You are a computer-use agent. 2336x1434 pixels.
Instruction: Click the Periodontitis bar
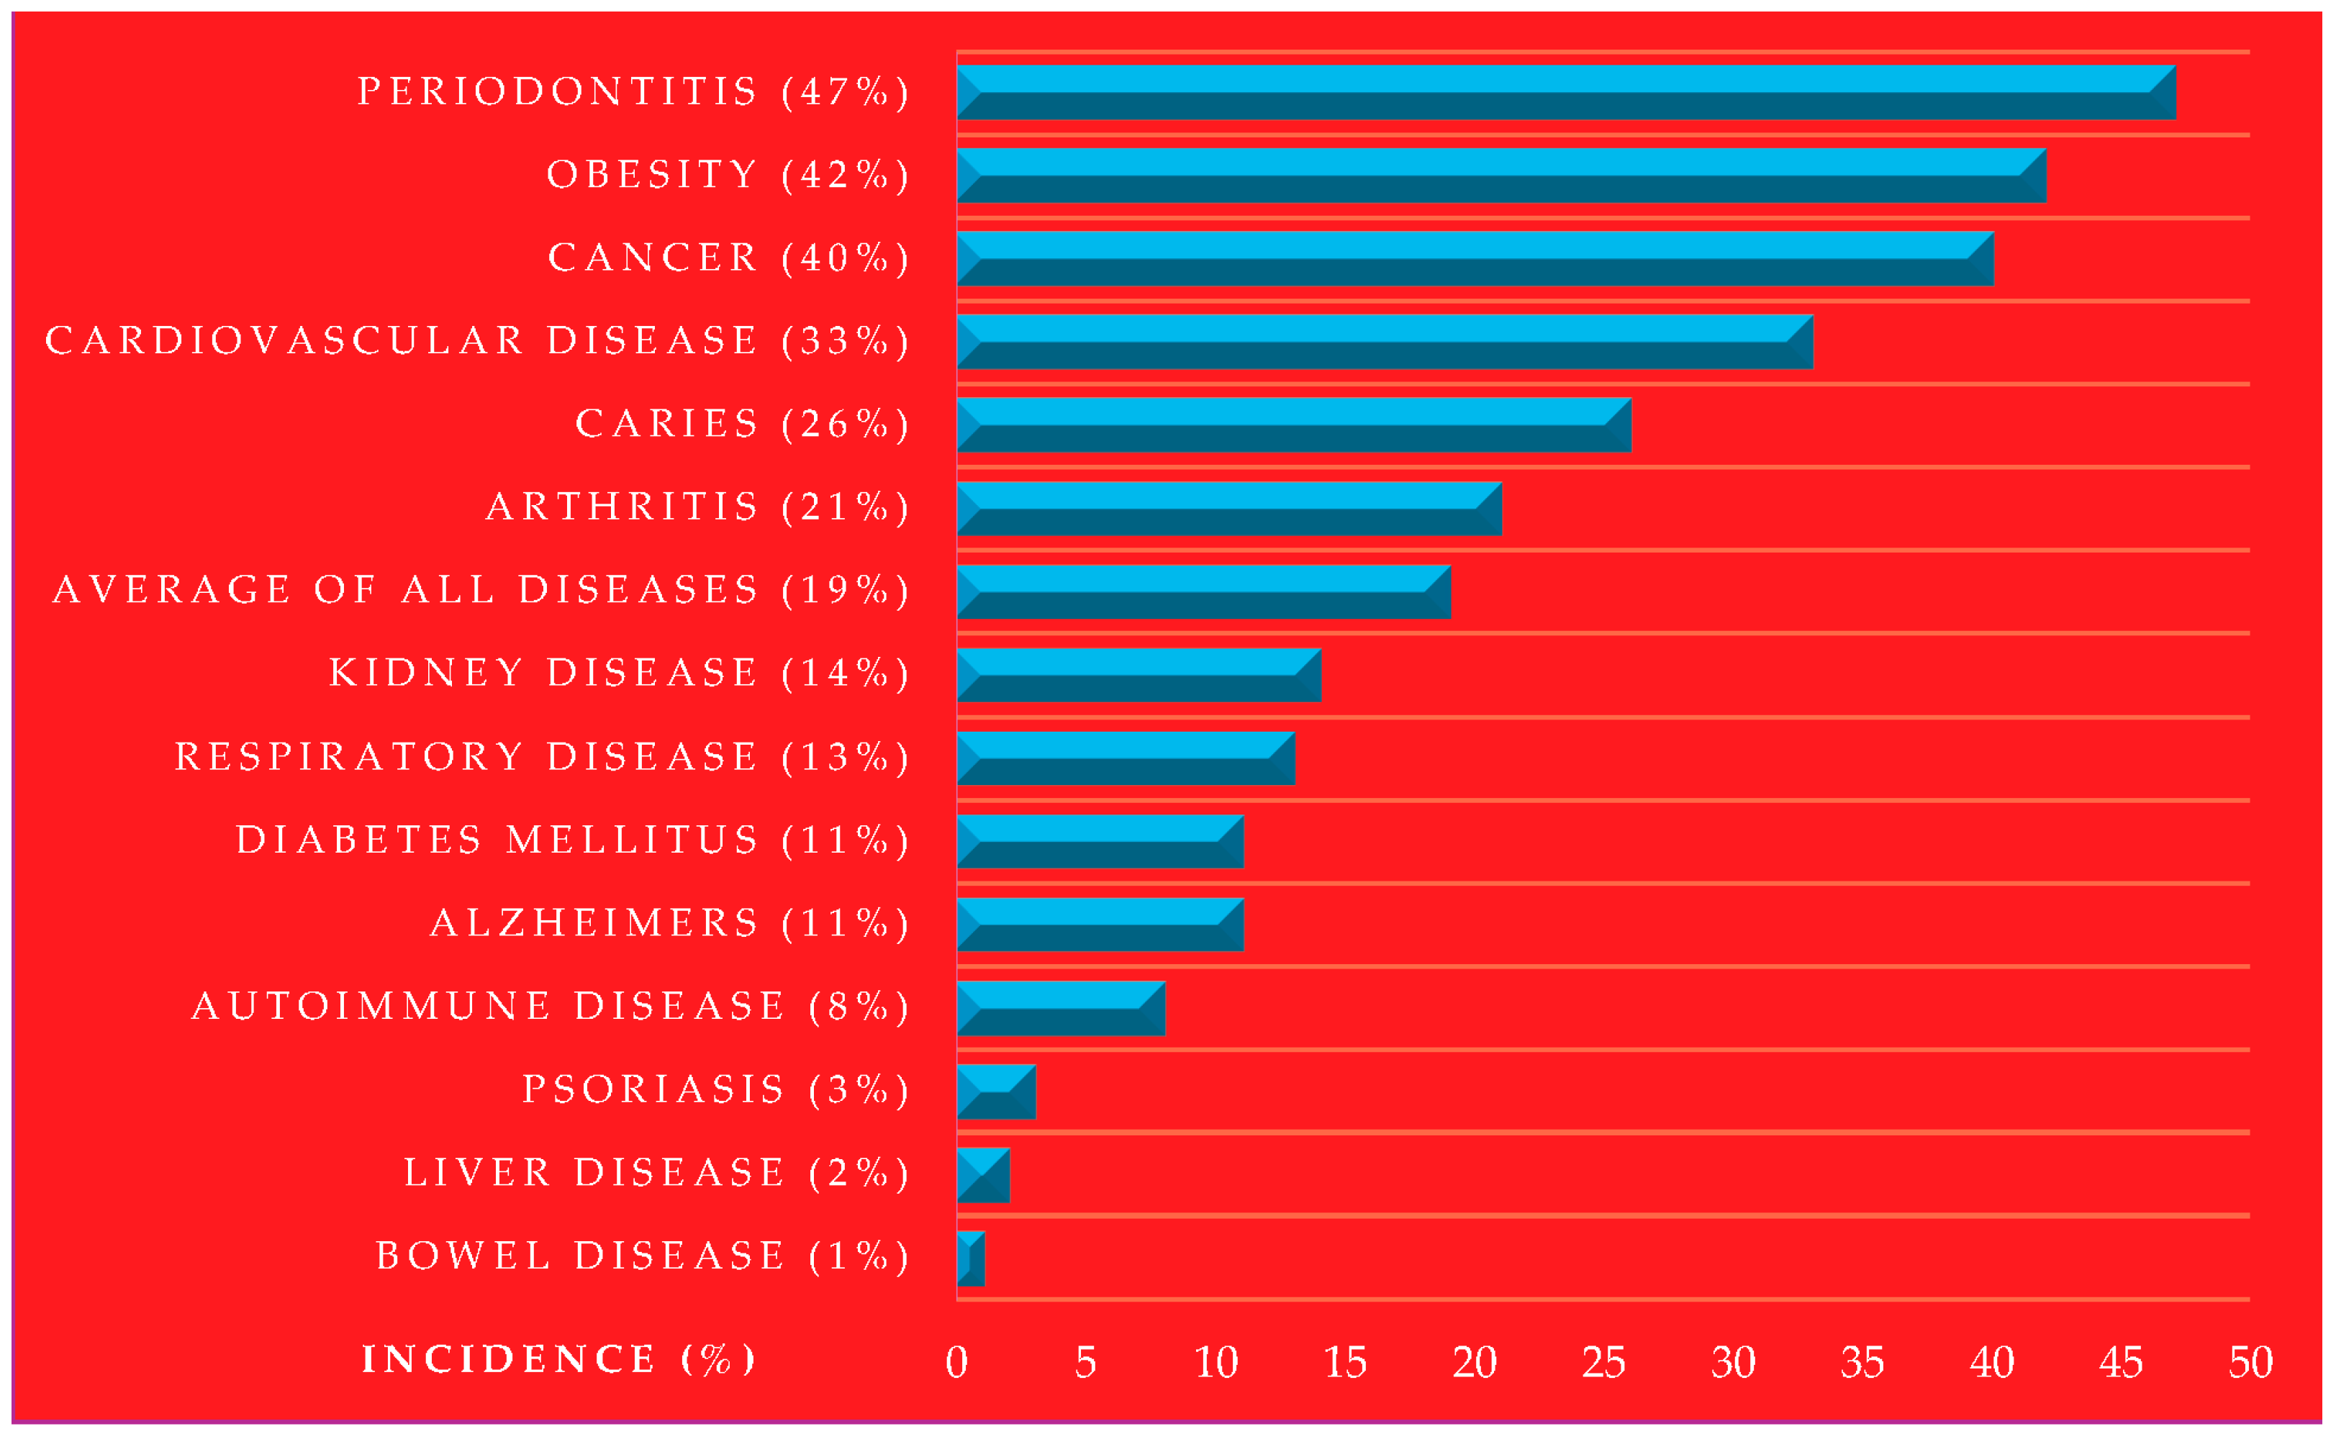[1565, 92]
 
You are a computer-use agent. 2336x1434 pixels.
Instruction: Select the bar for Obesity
[1500, 176]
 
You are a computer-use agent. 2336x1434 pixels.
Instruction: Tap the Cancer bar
[1475, 258]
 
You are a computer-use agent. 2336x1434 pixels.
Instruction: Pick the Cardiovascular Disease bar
[1385, 342]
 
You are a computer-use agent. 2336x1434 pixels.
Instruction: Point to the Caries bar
[1294, 425]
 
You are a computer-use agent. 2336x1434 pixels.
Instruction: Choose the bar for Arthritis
[1229, 509]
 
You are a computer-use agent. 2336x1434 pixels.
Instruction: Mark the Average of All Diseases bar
[1203, 592]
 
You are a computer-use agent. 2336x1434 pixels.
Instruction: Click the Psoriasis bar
[996, 1092]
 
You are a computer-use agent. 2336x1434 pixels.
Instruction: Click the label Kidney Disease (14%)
[620, 673]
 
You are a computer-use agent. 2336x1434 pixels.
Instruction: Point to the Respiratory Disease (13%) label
[543, 757]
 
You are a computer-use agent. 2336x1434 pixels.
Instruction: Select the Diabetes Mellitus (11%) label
[573, 840]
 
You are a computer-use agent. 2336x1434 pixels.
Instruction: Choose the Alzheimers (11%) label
[669, 923]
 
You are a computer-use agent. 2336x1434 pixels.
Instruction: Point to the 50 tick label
[2250, 1363]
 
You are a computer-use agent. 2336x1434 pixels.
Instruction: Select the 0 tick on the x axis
[957, 1363]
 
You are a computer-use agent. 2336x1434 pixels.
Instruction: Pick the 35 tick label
[1862, 1363]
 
